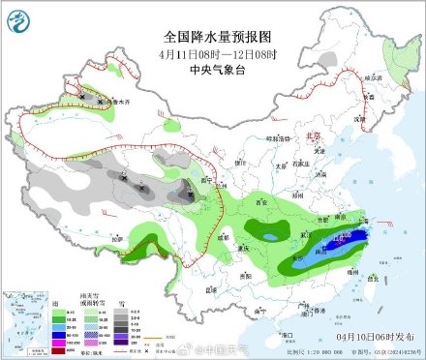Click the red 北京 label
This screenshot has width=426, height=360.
tap(311, 136)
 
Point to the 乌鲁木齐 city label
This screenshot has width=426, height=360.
tap(116, 102)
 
